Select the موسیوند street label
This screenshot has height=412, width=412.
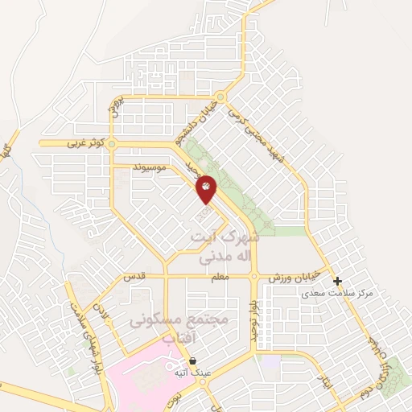[150, 167]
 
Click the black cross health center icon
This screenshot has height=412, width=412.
[338, 282]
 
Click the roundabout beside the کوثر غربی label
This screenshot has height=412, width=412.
[112, 144]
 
